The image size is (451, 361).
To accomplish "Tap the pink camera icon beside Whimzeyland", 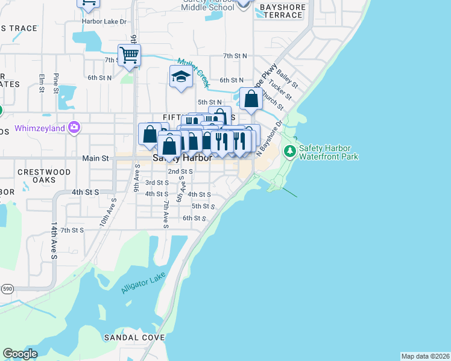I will (74, 127).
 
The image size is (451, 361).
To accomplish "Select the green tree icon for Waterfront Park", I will (290, 150).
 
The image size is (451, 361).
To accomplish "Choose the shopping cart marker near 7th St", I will (129, 55).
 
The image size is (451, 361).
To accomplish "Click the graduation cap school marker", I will (181, 76).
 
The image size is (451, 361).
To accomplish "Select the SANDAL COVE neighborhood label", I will (134, 338).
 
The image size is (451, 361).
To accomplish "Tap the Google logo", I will (20, 353).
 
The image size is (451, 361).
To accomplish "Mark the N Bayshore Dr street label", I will (270, 140).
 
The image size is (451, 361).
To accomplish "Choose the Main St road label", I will (95, 159).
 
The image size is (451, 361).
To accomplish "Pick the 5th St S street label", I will (204, 206).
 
